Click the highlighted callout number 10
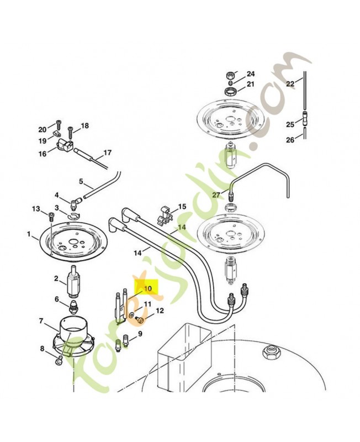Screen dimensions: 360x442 pyautogui.click(x=148, y=288)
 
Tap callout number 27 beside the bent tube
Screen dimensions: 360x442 pyautogui.click(x=216, y=195)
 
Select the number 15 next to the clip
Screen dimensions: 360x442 pyautogui.click(x=182, y=207)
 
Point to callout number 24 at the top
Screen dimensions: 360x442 pyautogui.click(x=251, y=74)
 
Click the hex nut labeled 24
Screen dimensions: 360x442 pyautogui.click(x=230, y=76)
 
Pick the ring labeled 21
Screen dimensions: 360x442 pyautogui.click(x=231, y=91)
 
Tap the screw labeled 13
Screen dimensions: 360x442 pyautogui.click(x=51, y=217)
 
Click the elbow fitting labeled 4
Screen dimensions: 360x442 pyautogui.click(x=75, y=203)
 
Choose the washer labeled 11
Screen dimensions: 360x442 pyautogui.click(x=131, y=315)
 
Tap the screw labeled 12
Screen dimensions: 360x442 pyautogui.click(x=139, y=319)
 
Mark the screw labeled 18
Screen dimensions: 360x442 pyautogui.click(x=70, y=133)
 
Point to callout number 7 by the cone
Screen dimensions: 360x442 pyautogui.click(x=41, y=321)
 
